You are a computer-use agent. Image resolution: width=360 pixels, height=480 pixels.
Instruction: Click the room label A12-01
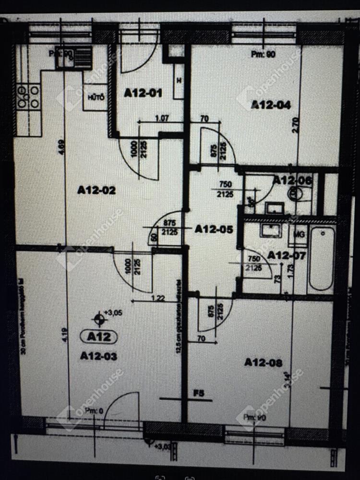pos(143,93)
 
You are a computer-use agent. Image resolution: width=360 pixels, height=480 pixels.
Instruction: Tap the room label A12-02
pos(96,190)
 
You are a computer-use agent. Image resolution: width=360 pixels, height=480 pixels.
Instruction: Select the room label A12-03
pos(98,356)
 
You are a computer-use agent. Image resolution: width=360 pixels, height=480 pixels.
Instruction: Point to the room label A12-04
pos(271,105)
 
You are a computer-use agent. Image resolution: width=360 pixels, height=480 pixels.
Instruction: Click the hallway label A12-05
pos(214,229)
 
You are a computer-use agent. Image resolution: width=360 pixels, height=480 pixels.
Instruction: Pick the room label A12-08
pos(263,362)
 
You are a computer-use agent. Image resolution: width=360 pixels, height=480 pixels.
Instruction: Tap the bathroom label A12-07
pos(287,255)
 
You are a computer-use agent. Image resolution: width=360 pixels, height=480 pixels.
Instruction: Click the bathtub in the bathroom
pos(321,258)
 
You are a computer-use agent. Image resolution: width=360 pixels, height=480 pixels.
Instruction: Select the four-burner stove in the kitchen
pos(28,96)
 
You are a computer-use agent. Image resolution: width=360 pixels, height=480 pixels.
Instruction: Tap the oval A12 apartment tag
pos(99,337)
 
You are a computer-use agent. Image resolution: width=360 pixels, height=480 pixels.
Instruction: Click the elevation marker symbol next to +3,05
pos(99,317)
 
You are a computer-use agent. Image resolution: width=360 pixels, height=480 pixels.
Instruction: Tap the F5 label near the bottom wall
pos(199,394)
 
